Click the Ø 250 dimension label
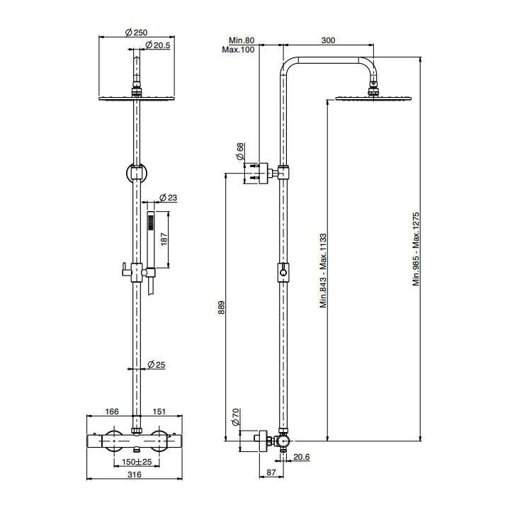(x=135, y=33)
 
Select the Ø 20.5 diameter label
(x=157, y=45)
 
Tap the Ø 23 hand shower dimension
(x=168, y=197)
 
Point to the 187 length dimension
(x=164, y=239)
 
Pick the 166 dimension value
(x=111, y=411)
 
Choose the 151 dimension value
(x=159, y=411)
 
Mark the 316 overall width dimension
(x=135, y=475)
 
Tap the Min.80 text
(x=241, y=41)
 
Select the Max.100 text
(x=239, y=50)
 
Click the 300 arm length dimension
(x=328, y=41)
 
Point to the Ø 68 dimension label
(x=240, y=150)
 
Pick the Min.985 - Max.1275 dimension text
(x=416, y=249)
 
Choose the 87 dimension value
(x=271, y=472)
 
